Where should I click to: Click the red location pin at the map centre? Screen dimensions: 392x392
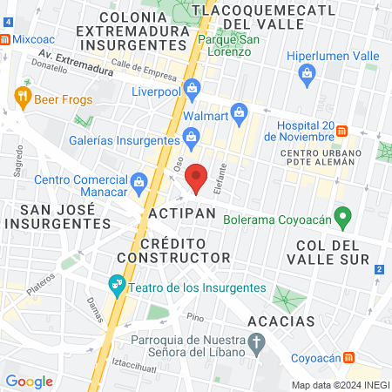point(197,177)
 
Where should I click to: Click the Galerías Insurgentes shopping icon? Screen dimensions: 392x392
point(191,137)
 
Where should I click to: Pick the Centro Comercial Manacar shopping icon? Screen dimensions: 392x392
point(139,180)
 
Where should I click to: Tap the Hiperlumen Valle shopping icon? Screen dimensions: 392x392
point(307,75)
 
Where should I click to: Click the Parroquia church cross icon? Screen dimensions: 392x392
point(256,347)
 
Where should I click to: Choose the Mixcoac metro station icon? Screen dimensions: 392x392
point(6,39)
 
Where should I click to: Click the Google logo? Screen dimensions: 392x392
point(29,381)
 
